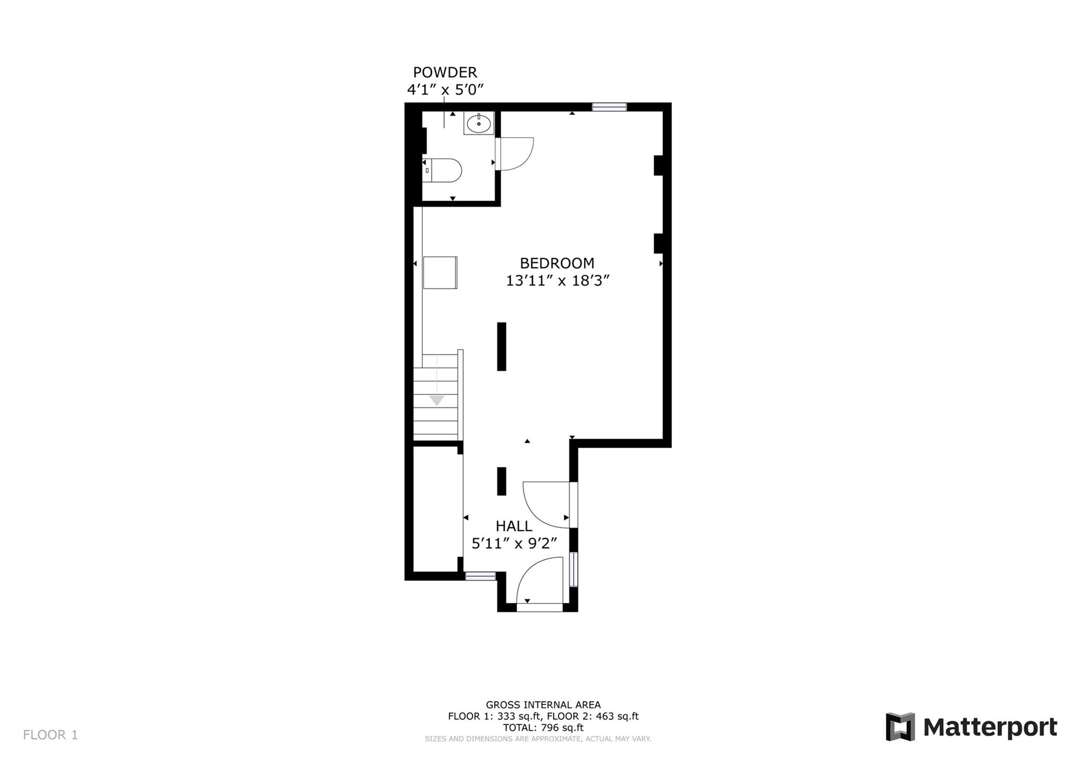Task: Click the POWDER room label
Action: click(445, 72)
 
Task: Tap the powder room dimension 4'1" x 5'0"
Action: click(445, 90)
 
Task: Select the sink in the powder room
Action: click(479, 124)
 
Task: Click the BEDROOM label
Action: click(557, 263)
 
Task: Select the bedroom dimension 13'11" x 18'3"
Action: click(557, 281)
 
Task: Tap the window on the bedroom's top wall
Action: click(609, 107)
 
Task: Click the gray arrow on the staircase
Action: click(437, 400)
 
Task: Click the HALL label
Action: click(514, 526)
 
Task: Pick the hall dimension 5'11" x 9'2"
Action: click(514, 544)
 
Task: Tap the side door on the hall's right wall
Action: click(546, 504)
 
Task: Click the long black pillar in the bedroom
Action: click(502, 347)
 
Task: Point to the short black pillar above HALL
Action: click(502, 481)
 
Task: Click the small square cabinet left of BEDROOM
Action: click(440, 273)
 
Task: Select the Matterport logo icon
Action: click(900, 727)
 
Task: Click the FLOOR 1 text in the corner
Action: click(50, 735)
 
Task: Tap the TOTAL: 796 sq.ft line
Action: click(543, 727)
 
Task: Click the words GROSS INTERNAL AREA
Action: click(543, 705)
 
